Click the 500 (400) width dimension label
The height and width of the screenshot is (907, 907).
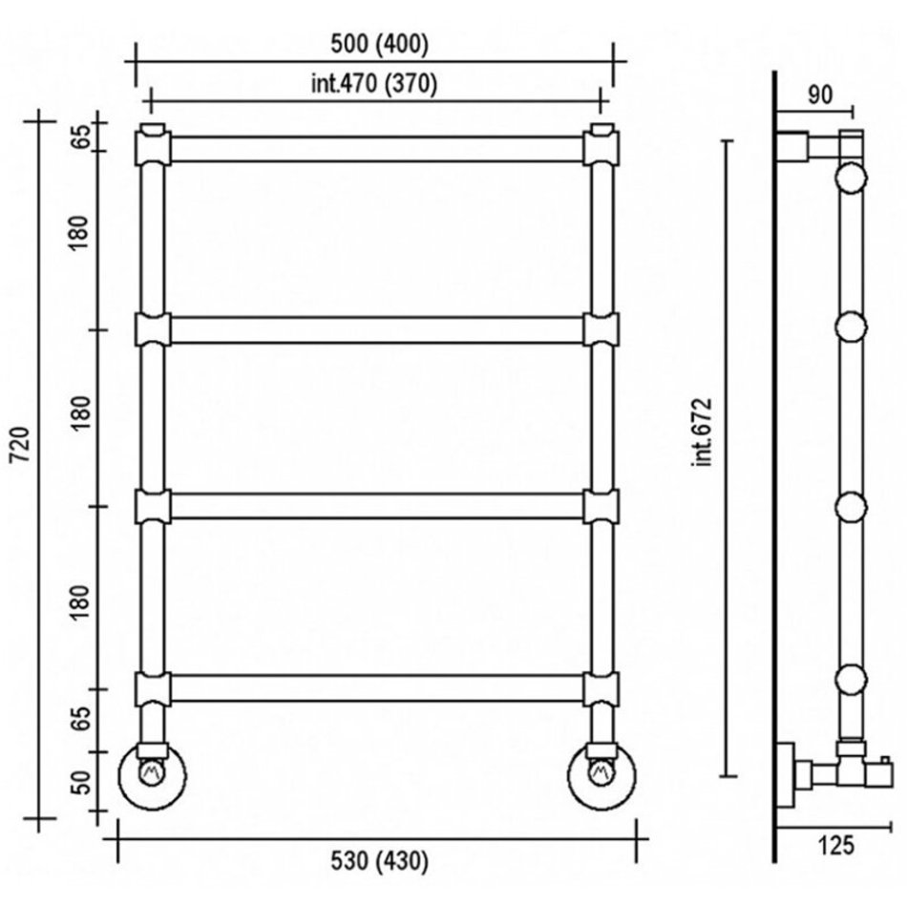coord(379,45)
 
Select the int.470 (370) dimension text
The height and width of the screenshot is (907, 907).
coord(374,84)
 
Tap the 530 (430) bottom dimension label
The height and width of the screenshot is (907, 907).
coord(379,861)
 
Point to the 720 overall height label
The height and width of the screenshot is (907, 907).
coord(21,444)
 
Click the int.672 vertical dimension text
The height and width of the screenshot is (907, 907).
coord(704,432)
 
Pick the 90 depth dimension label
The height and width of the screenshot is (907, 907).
coord(820,95)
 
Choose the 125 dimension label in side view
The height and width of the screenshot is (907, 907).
coord(835,846)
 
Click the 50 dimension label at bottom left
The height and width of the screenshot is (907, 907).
coord(81,783)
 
